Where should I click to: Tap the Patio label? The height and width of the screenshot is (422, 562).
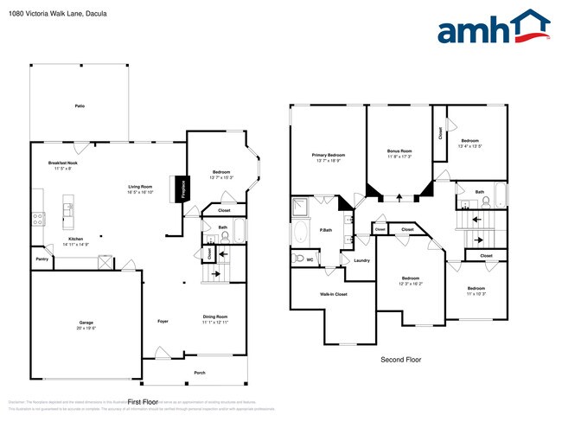[x=80, y=105]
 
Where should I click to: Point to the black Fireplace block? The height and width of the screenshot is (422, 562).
[x=183, y=189]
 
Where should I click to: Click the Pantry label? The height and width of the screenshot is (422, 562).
[x=42, y=259]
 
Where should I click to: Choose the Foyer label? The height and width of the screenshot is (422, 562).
[x=162, y=322]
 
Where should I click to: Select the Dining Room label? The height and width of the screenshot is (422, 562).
[x=215, y=316]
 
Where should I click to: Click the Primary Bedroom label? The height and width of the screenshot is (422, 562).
[x=329, y=156]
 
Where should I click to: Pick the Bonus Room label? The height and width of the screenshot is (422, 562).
[x=399, y=151]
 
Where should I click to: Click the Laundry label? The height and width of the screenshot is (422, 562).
[x=361, y=260]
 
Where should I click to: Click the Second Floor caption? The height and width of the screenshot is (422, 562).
[x=401, y=359]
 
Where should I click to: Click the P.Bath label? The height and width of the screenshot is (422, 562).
[x=327, y=230]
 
